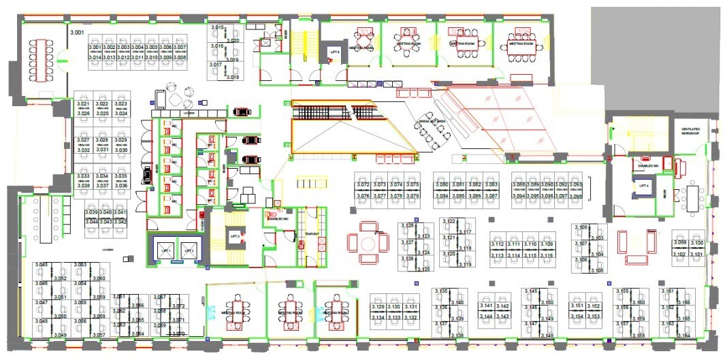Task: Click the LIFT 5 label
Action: (x=334, y=52)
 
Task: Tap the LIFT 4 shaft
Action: (x=643, y=186)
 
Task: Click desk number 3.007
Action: (x=180, y=48)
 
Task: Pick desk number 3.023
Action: (x=120, y=104)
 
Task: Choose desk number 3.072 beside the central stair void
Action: (x=363, y=185)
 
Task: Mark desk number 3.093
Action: (x=575, y=185)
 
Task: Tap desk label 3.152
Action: (x=593, y=307)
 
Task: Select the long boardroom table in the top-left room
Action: (x=45, y=57)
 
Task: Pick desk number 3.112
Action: (x=497, y=244)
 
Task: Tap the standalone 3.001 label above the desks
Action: (x=78, y=32)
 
